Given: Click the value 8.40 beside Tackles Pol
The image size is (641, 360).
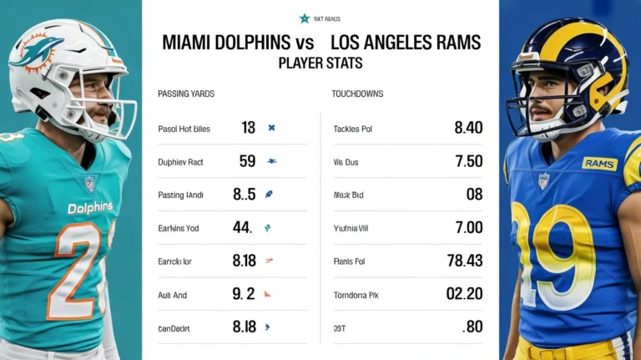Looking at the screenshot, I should tap(467, 128).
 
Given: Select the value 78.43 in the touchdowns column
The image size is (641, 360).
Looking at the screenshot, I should tap(464, 261).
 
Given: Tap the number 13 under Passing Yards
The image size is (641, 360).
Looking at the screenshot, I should tap(248, 128).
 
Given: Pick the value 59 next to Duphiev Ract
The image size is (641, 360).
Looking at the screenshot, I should tap(247, 161).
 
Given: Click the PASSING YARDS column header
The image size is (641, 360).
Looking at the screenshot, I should tap(186, 94).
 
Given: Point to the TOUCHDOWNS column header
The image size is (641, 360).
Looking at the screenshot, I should tap(357, 94).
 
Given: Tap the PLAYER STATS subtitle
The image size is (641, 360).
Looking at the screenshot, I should tap(320, 63).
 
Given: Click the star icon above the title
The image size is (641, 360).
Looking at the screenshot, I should tap(305, 18).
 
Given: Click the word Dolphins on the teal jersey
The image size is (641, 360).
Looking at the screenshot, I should tap(90, 207).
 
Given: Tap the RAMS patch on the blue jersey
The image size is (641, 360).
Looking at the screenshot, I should tap(599, 164).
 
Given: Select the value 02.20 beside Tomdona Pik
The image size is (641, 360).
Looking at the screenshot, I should tap(464, 294).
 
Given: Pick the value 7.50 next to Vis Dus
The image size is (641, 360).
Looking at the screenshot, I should tap(467, 161).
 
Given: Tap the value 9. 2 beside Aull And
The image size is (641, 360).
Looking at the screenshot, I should tap(244, 294).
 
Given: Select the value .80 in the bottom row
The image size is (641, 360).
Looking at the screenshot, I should tap(472, 327).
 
